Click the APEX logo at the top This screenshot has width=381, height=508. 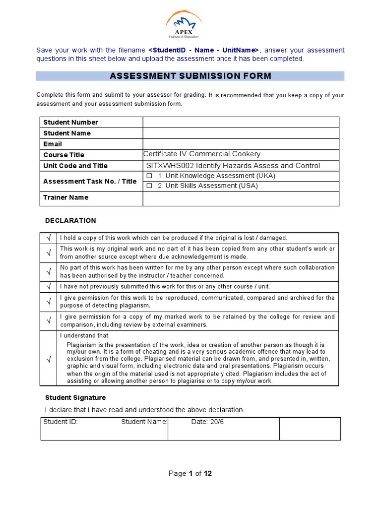(x=184, y=25)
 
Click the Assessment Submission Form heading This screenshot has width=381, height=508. (x=190, y=76)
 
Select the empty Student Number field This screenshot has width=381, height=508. (x=241, y=123)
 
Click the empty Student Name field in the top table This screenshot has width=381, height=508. (x=241, y=133)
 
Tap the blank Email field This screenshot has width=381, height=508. (x=241, y=144)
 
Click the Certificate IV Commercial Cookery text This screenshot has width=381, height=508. (x=202, y=154)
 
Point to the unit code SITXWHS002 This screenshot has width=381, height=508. (x=168, y=166)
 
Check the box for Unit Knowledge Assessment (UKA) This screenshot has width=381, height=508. (x=149, y=176)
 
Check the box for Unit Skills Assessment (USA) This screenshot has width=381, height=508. (x=149, y=186)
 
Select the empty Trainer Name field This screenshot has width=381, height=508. (x=241, y=198)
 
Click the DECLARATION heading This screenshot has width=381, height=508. (x=70, y=221)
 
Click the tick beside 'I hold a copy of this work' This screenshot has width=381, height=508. (x=49, y=238)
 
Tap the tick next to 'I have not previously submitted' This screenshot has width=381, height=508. (x=49, y=287)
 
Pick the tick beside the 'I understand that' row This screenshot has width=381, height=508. (x=49, y=359)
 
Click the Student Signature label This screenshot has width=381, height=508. (x=75, y=398)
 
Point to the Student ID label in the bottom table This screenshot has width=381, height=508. (x=61, y=422)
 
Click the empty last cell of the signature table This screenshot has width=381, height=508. (x=310, y=429)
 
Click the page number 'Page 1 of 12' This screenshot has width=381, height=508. (x=190, y=474)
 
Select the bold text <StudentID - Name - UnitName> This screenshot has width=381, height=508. (x=203, y=51)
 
